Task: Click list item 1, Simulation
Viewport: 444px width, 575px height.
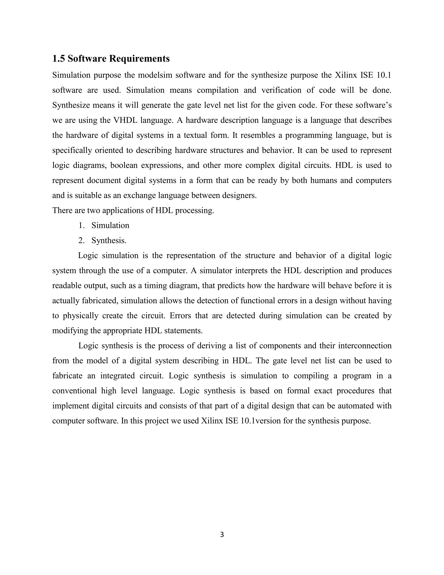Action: [110, 225]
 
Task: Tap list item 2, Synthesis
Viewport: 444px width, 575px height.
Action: [109, 240]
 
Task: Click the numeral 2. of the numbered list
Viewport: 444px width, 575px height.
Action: [82, 240]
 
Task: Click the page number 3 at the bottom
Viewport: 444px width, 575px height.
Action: [222, 535]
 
